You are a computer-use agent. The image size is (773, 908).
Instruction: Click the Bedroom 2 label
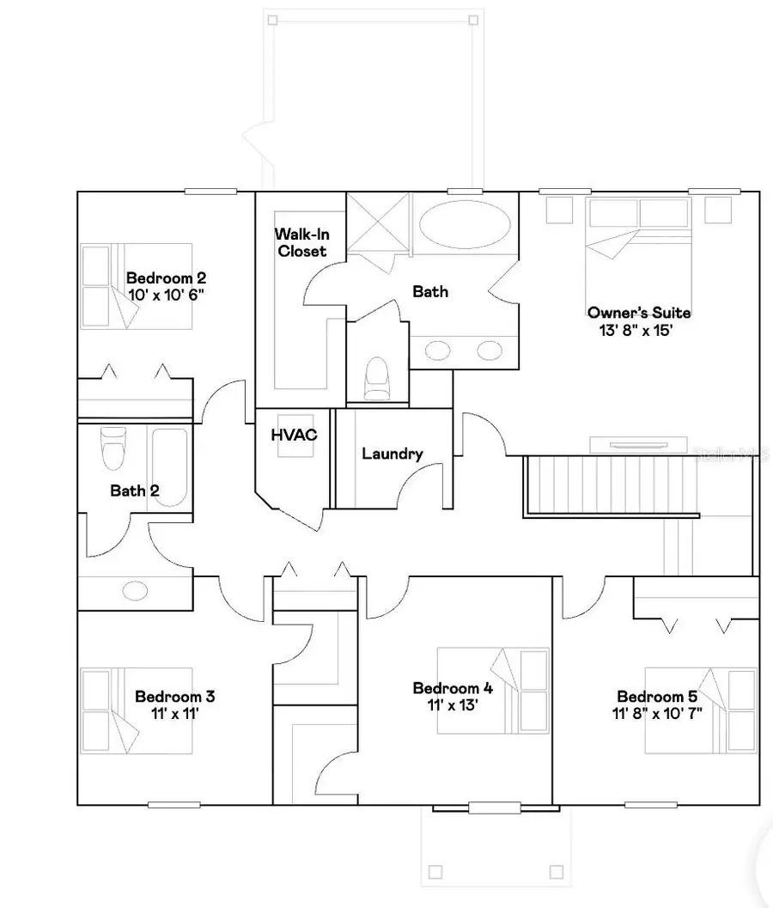tap(166, 278)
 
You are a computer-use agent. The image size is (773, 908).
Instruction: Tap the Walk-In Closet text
tap(301, 242)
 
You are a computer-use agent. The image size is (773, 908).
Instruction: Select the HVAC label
tap(294, 436)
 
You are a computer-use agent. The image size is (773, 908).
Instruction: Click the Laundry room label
tap(392, 454)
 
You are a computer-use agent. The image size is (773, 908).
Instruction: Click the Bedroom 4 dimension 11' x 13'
tap(452, 704)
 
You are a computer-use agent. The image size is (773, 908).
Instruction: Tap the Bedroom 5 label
tap(656, 696)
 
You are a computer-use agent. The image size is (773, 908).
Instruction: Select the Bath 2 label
tap(134, 491)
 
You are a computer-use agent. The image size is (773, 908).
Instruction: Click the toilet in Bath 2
tap(113, 448)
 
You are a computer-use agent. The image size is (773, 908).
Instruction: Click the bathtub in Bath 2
tap(169, 468)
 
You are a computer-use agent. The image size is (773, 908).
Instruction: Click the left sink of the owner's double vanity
tap(438, 350)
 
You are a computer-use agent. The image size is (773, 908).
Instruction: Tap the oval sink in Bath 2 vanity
tap(135, 591)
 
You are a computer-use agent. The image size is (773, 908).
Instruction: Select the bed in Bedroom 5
tap(701, 710)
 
